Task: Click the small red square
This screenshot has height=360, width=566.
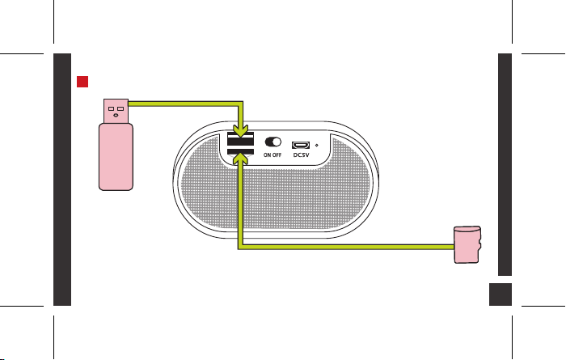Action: pos(82,82)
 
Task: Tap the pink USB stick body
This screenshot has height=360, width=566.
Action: pos(116,157)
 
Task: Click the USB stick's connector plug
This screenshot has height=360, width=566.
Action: pos(116,111)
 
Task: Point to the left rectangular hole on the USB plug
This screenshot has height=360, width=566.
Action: pos(112,108)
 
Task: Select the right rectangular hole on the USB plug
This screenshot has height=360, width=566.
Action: pos(120,108)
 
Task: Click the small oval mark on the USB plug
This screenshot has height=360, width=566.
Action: pos(116,115)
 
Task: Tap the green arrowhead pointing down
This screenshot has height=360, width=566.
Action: pos(240,131)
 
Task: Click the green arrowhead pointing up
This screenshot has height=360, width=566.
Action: pos(240,158)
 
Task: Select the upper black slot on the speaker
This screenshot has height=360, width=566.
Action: pos(240,138)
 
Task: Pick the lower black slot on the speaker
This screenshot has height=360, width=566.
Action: pos(240,151)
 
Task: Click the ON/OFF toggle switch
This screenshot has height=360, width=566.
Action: pos(273,142)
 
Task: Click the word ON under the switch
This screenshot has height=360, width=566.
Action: pos(268,155)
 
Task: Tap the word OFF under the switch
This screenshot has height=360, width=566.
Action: pos(277,155)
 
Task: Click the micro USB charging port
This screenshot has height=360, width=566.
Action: pos(301,145)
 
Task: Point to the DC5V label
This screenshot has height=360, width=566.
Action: pos(301,155)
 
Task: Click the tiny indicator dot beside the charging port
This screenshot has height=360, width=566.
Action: pos(317,145)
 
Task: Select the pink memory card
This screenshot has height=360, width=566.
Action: pos(467,244)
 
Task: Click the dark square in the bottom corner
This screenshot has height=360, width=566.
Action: pos(501,294)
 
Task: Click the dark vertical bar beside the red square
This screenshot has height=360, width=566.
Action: pos(62,180)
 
